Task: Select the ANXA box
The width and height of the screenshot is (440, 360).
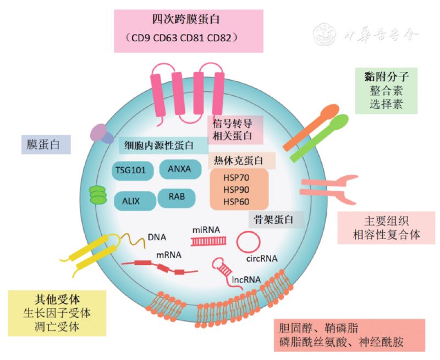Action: tap(180, 169)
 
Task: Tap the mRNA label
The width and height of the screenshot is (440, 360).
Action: tap(169, 255)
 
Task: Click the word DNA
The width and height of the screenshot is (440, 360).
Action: tap(157, 237)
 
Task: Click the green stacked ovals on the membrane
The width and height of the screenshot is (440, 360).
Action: tap(97, 195)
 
